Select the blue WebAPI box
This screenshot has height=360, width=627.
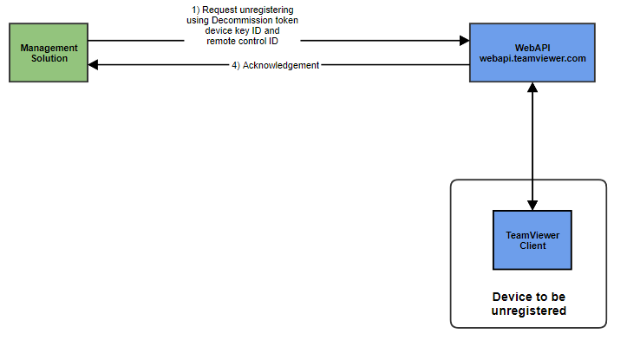[532, 53]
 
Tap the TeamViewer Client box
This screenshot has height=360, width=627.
[532, 239]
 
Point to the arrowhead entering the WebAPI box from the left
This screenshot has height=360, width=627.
[463, 40]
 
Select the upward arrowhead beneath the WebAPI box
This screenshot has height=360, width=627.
[532, 88]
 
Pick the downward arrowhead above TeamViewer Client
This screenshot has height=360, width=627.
[532, 204]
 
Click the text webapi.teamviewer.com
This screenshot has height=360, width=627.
[532, 57]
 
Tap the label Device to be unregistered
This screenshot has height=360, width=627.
[528, 304]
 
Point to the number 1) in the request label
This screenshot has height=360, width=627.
[195, 10]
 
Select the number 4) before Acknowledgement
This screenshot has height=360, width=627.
[237, 66]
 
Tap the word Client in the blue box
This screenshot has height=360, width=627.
[532, 245]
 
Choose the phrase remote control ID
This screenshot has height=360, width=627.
[242, 41]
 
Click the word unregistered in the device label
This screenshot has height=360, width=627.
[528, 311]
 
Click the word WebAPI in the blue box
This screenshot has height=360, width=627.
[532, 46]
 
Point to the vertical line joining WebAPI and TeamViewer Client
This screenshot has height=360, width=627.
[532, 147]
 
